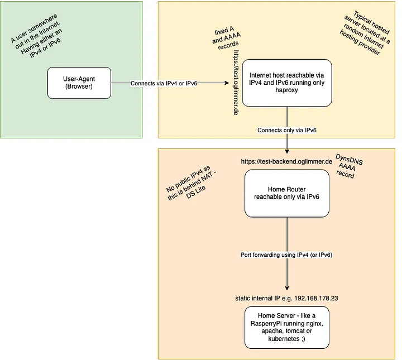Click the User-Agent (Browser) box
(x=79, y=83)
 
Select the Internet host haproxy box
(x=287, y=83)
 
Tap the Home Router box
(x=287, y=193)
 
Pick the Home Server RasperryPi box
(x=287, y=327)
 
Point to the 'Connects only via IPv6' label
(x=287, y=130)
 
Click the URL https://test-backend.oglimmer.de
(x=287, y=161)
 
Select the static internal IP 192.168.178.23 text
(x=287, y=299)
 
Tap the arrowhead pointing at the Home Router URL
(x=287, y=152)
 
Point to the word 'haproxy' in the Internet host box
(x=287, y=90)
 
